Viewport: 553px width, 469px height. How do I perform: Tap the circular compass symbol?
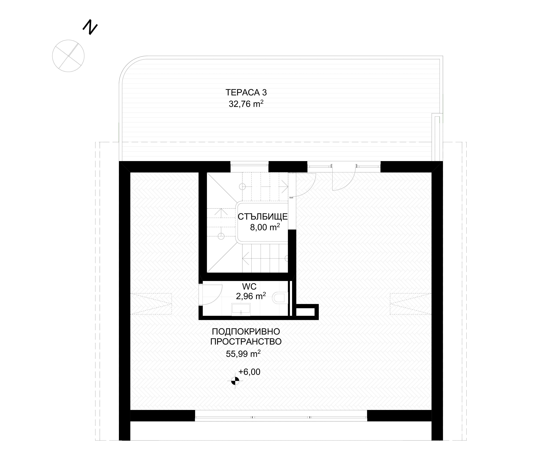click(x=68, y=56)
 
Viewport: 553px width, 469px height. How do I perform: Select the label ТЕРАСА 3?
click(x=246, y=93)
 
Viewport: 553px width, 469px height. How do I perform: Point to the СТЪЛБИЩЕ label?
click(x=263, y=217)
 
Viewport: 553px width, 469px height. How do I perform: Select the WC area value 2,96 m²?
click(x=251, y=296)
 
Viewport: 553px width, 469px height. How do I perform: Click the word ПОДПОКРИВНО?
click(x=246, y=332)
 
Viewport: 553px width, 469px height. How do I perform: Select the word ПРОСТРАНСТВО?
click(x=246, y=342)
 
